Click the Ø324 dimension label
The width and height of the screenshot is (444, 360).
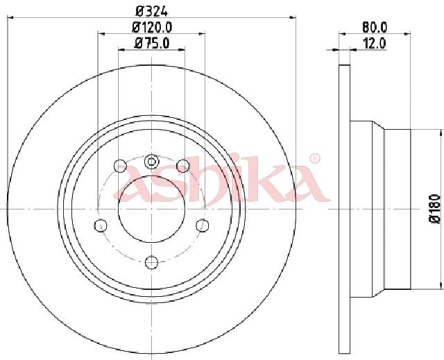pos(152,11)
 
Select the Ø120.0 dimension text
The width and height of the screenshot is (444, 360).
pos(152,28)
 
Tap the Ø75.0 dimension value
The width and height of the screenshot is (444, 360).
pos(152,43)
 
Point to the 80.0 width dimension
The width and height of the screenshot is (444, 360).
pos(375,28)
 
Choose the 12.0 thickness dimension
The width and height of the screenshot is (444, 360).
pos(375,44)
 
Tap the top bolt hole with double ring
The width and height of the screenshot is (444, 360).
pos(151,162)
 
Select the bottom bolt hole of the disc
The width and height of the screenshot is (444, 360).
pos(151,262)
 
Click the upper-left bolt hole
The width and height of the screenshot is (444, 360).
pos(120,166)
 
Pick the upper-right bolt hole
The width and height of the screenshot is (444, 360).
pos(183,166)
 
